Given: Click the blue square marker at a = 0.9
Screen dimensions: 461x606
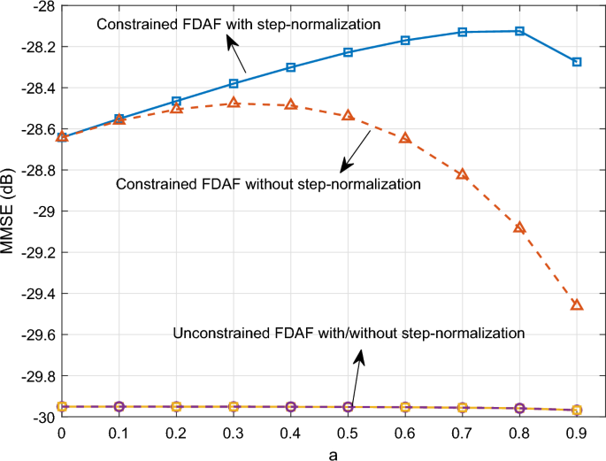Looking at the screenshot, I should coord(577,62).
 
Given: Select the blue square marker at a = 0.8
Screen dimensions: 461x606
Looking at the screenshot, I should coord(519,31).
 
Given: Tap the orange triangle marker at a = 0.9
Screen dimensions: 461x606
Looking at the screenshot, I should coord(577,305).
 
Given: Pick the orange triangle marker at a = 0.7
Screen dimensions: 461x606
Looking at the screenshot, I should coord(462,174).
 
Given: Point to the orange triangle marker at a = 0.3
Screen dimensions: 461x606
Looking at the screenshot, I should coord(234,103).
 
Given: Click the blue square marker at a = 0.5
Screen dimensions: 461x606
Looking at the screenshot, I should coord(348,52).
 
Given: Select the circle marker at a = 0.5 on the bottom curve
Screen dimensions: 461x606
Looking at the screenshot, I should coord(348,407).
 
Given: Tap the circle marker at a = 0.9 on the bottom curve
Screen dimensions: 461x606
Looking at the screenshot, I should coord(577,410).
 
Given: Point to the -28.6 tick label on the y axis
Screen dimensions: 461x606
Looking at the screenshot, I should coord(35,129).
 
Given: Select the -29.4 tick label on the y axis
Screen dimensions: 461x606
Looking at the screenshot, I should coord(35,294).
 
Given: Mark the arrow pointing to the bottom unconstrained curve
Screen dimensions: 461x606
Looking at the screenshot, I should coord(356,376).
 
